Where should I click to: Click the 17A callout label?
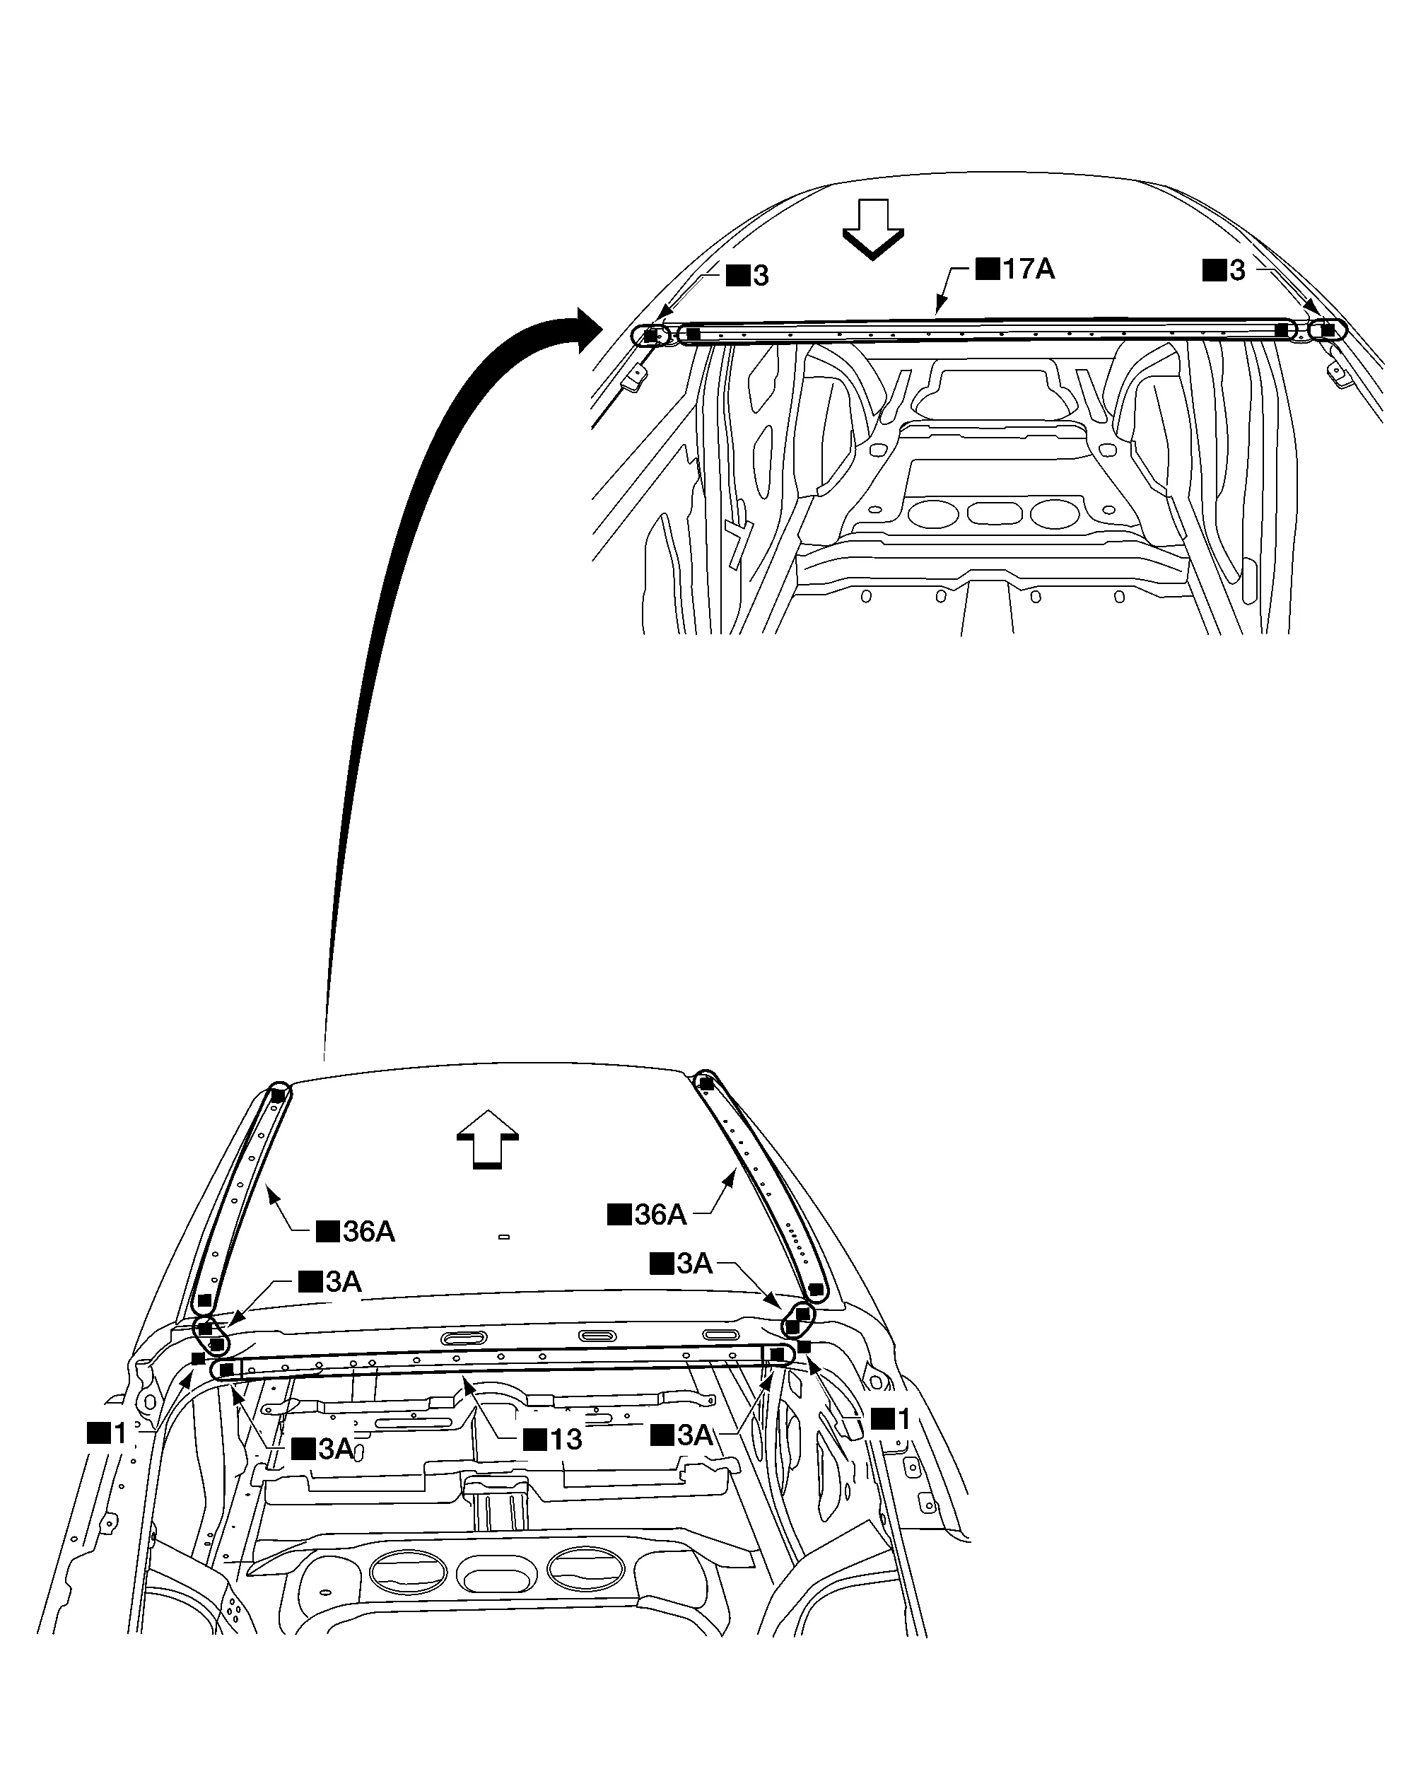(x=1016, y=269)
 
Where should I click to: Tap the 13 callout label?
(x=554, y=1440)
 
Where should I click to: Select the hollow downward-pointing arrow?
(x=873, y=229)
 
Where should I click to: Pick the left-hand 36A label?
(x=356, y=1232)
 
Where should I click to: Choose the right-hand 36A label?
(x=647, y=1215)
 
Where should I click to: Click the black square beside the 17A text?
(x=988, y=269)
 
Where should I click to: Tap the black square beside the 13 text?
(x=535, y=1440)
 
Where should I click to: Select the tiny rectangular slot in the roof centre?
(x=504, y=1237)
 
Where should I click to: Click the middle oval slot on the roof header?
(x=597, y=1336)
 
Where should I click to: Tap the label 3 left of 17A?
(x=747, y=276)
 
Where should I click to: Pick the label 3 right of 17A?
(x=1224, y=270)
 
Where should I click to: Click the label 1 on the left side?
(x=107, y=1433)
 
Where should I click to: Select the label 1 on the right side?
(x=891, y=1419)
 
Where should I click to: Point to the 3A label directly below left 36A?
(x=330, y=1281)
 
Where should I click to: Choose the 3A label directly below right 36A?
(x=681, y=1264)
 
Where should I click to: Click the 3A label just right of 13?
(x=682, y=1435)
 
